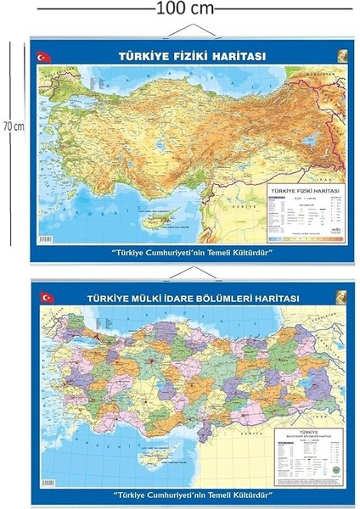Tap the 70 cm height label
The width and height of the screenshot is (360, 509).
pos(10,126)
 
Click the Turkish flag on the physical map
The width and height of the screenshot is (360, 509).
pos(44,57)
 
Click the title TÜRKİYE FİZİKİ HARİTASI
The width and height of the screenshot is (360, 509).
pos(191,57)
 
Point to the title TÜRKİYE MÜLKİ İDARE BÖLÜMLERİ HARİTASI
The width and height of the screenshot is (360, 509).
pos(191,298)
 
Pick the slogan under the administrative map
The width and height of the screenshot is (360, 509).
pos(191,494)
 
